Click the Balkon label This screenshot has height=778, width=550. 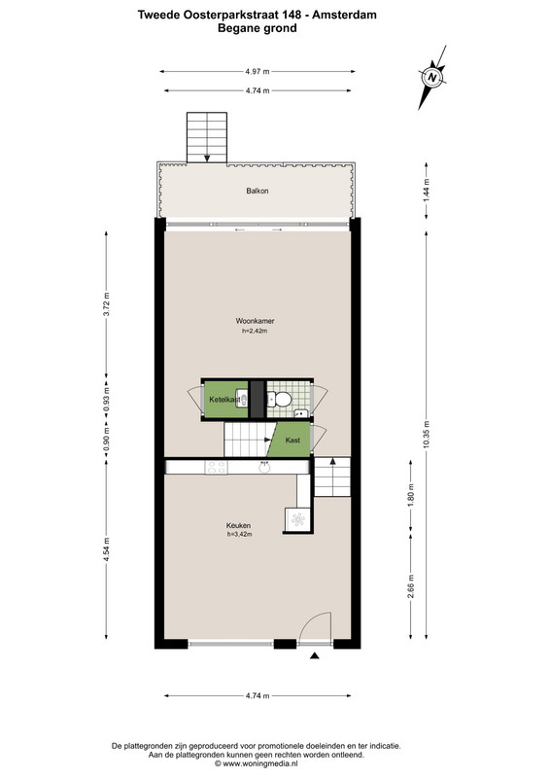click(x=258, y=191)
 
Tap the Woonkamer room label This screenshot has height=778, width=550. click(x=255, y=321)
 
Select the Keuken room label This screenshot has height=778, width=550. click(x=238, y=525)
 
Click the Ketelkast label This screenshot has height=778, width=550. click(x=224, y=400)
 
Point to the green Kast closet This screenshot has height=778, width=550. click(x=291, y=440)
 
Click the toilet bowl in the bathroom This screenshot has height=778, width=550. click(x=280, y=399)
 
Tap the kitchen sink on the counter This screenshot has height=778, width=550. click(x=264, y=467)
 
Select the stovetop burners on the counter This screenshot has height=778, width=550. click(x=217, y=468)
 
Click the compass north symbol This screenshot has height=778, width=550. click(x=433, y=78)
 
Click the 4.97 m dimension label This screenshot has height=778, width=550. click(x=258, y=71)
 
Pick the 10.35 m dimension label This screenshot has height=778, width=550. click(x=426, y=435)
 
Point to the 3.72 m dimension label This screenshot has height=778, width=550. click(x=106, y=304)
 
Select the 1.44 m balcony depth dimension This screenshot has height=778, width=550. click(x=426, y=190)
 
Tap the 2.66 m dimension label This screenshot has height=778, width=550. click(x=411, y=586)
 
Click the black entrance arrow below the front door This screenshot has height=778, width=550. click(x=314, y=655)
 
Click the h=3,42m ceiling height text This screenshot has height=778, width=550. click(x=240, y=534)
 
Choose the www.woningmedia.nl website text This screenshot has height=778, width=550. click(x=259, y=764)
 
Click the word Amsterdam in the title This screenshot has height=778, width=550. click(x=344, y=15)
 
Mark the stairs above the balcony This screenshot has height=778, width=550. click(x=207, y=137)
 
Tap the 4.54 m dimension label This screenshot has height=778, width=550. click(x=106, y=550)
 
